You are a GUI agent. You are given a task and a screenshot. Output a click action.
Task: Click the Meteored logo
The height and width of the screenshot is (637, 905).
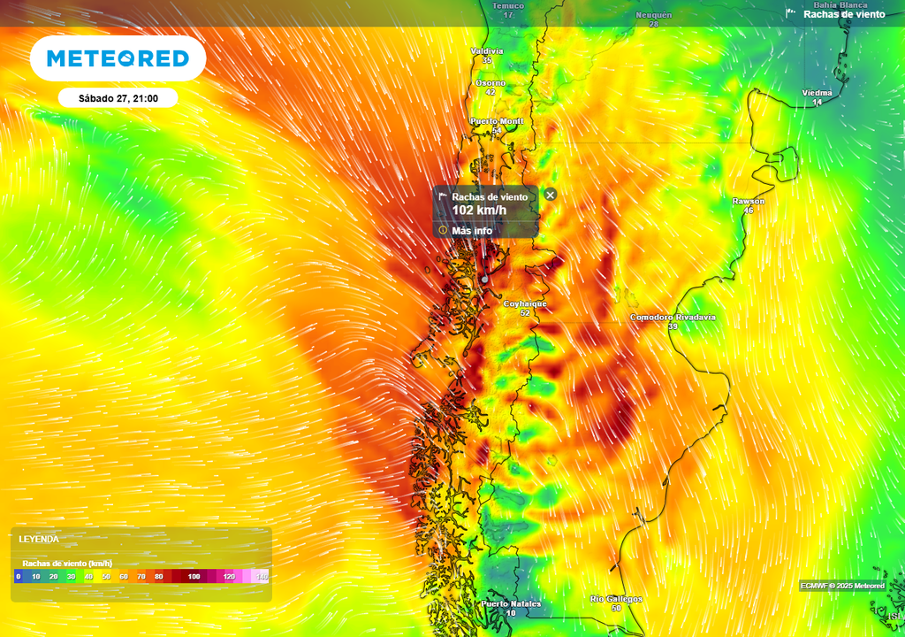pos(118,58)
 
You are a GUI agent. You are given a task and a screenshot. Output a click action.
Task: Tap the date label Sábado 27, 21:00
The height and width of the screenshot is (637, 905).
pos(118,98)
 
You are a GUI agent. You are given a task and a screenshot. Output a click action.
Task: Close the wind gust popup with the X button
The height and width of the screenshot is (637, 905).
pos(551,195)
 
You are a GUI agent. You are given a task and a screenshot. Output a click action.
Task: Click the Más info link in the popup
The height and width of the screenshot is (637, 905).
pos(472,231)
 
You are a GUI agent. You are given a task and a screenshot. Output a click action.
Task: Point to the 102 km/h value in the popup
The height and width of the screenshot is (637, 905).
pos(479,211)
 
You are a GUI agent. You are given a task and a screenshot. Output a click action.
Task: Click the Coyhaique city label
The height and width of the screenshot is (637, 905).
pos(525,303)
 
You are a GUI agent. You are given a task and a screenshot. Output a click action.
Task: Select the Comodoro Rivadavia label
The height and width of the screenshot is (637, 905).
pos(673,317)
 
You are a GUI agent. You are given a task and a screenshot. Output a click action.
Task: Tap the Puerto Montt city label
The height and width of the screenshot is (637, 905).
pos(497,121)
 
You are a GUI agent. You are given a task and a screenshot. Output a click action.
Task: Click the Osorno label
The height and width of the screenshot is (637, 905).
pos(491,82)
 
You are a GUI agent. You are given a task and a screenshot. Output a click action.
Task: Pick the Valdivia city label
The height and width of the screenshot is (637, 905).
pos(486,51)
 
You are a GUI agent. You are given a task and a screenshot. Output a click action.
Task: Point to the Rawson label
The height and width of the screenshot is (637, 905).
pos(749,201)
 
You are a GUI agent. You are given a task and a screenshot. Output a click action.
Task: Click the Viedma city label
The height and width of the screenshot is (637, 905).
pos(817,93)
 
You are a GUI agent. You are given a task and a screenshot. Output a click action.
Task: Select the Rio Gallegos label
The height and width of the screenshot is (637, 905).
pos(616,599)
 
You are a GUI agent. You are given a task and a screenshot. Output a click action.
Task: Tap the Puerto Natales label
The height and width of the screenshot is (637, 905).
pos(511,604)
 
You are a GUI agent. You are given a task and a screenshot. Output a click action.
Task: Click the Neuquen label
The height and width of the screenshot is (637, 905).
pos(654,15)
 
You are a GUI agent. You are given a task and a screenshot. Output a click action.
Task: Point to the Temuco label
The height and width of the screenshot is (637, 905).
pos(508,6)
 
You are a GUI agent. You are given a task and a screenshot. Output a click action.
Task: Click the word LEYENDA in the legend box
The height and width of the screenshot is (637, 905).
pos(39,539)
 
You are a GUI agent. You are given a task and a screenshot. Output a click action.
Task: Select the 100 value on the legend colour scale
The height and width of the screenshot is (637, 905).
pos(194,577)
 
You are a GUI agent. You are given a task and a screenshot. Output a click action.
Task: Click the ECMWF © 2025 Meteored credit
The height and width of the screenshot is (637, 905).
pos(842,586)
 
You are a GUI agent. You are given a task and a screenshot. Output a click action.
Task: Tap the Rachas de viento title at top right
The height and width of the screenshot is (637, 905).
pos(844,14)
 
